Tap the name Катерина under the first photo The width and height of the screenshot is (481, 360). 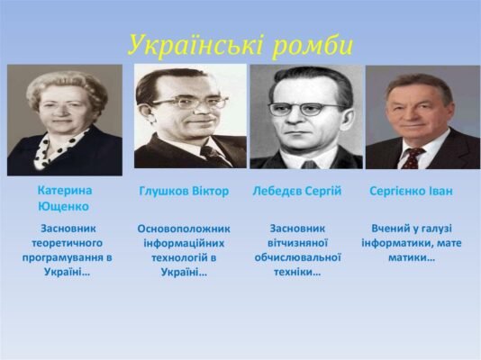pyautogui.click(x=64, y=191)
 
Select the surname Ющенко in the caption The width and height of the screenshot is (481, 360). pyautogui.click(x=64, y=206)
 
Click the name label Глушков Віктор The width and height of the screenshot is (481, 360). pyautogui.click(x=184, y=192)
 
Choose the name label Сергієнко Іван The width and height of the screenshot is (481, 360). pyautogui.click(x=411, y=192)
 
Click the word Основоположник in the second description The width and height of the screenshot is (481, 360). pyautogui.click(x=184, y=229)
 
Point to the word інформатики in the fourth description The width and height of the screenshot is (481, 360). pyautogui.click(x=399, y=243)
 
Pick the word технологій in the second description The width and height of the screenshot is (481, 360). pyautogui.click(x=178, y=257)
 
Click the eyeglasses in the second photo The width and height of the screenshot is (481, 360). pyautogui.click(x=191, y=103)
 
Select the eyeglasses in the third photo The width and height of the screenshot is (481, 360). pyautogui.click(x=306, y=109)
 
